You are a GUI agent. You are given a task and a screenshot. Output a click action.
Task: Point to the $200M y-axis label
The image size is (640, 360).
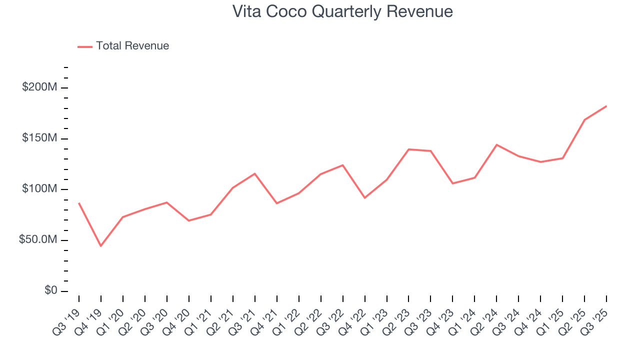click(39, 87)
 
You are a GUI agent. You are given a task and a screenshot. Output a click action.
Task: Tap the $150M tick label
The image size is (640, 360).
click(39, 138)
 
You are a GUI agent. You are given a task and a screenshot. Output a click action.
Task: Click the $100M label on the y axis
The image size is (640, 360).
click(39, 189)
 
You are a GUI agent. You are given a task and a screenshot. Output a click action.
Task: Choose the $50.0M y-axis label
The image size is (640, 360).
click(37, 240)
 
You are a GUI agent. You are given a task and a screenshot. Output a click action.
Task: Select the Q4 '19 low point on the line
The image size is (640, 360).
click(100, 246)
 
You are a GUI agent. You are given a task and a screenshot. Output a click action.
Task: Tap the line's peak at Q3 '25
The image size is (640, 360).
click(606, 106)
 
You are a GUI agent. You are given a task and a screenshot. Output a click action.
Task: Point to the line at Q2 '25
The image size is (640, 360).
click(584, 120)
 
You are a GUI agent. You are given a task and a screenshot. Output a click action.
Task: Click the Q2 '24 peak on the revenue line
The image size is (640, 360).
click(496, 144)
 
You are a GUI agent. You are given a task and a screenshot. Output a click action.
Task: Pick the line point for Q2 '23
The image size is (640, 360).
click(408, 149)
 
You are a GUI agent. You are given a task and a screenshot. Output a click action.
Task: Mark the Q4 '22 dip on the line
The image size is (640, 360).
click(364, 198)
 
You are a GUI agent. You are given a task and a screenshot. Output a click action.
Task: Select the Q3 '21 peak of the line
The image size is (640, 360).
click(254, 173)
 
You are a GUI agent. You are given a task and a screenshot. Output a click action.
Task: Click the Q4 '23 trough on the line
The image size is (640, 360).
click(452, 183)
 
